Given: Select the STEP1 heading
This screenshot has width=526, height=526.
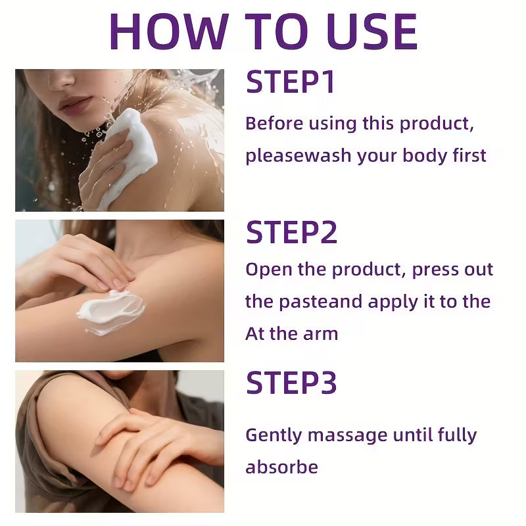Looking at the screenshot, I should point(291,82).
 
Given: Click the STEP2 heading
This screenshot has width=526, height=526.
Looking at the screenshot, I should point(291,233).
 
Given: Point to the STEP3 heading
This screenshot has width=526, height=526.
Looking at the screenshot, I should point(291,383).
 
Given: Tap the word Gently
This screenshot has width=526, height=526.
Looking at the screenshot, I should point(273,435).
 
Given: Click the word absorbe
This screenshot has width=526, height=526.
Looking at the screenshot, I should point(281,467).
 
